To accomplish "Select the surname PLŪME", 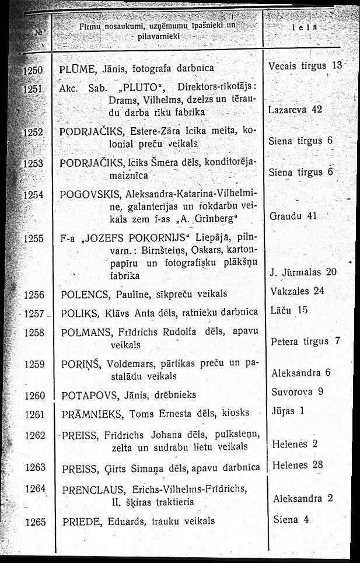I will (76, 68).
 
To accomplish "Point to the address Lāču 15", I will (289, 311).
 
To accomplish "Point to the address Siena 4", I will (293, 519).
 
